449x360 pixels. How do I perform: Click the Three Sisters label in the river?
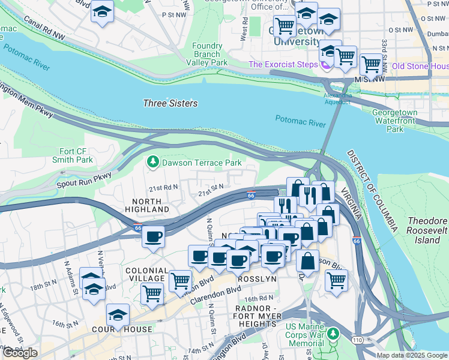click(170, 103)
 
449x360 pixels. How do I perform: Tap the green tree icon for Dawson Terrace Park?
click(153, 162)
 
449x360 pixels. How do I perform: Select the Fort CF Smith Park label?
click(76, 155)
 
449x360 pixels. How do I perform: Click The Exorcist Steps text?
click(283, 64)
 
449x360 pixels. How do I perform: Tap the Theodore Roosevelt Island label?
click(427, 230)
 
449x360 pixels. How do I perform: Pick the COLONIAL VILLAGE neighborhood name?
click(145, 274)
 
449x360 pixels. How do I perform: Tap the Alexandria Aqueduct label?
click(337, 98)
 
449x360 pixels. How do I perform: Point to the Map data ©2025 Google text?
click(412, 355)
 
